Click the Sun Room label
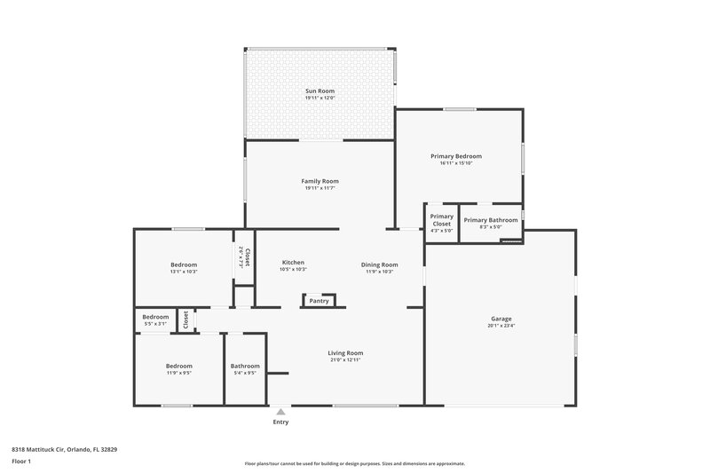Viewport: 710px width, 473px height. (x=320, y=91)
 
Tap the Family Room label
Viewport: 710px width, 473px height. (x=320, y=181)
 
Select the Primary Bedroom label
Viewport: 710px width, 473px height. (x=461, y=156)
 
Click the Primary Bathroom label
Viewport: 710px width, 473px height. (x=490, y=219)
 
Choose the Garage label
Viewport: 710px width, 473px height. (x=501, y=319)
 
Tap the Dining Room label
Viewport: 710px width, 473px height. (x=379, y=264)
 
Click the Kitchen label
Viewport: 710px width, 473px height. (x=293, y=263)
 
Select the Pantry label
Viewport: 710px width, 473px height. (x=319, y=301)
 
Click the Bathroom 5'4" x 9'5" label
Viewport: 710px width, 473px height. (x=245, y=366)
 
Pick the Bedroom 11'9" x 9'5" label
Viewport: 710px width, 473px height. (x=178, y=366)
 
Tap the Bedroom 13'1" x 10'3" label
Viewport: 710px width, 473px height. (x=184, y=264)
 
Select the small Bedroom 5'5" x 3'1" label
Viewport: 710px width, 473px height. (x=155, y=317)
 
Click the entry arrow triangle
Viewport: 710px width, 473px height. (x=280, y=412)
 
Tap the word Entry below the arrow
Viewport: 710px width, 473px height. (x=280, y=422)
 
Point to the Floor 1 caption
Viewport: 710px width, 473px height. (x=22, y=462)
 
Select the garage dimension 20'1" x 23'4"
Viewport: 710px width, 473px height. (x=501, y=326)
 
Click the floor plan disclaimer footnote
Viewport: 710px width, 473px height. (x=354, y=463)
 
